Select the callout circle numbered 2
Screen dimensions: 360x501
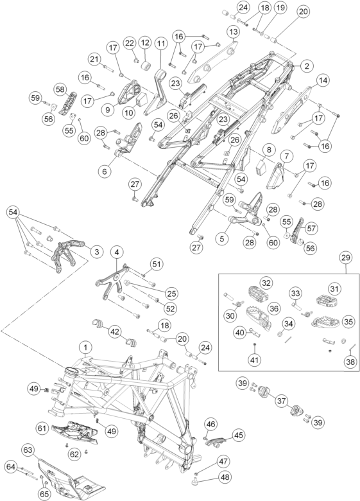pyautogui.click(x=306, y=66)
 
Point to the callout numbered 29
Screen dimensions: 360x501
pyautogui.click(x=347, y=257)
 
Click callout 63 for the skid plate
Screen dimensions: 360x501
pyautogui.click(x=28, y=450)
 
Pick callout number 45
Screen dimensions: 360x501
pyautogui.click(x=239, y=435)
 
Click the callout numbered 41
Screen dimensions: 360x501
pyautogui.click(x=254, y=360)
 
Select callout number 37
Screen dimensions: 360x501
pyautogui.click(x=281, y=400)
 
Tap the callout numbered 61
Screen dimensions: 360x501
pyautogui.click(x=42, y=428)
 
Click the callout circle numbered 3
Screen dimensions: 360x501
pyautogui.click(x=97, y=251)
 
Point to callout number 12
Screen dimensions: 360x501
pyautogui.click(x=145, y=42)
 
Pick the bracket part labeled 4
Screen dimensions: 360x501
pyautogui.click(x=112, y=281)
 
